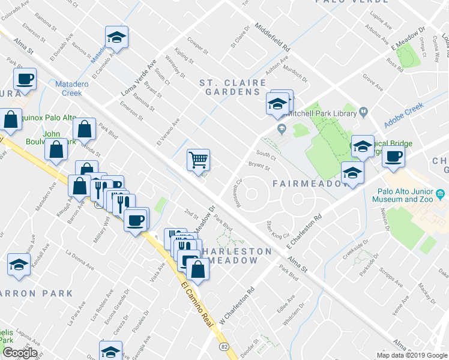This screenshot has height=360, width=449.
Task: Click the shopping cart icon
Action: [x=198, y=160]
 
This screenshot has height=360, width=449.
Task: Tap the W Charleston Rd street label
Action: [x=237, y=302]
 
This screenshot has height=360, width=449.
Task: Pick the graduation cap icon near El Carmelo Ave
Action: [x=116, y=38]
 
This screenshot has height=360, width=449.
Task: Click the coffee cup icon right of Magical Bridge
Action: [x=393, y=157]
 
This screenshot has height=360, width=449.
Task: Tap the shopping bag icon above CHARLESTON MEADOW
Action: [x=198, y=269]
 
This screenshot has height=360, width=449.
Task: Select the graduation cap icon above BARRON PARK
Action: [x=19, y=264]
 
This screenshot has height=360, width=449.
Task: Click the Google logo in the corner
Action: [x=20, y=353]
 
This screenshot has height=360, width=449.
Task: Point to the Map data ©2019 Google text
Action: [x=411, y=355]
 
